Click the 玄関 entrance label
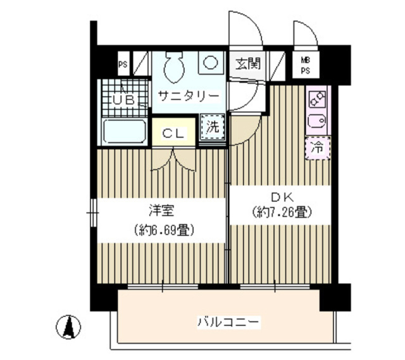pyautogui.click(x=248, y=64)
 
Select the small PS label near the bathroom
pyautogui.click(x=123, y=65)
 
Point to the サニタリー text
pyautogui.click(x=189, y=97)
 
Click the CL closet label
pyautogui.click(x=174, y=134)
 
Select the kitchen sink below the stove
pyautogui.click(x=317, y=122)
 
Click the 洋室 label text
pyautogui.click(x=162, y=210)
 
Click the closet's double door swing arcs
pyautogui.click(x=174, y=161)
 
